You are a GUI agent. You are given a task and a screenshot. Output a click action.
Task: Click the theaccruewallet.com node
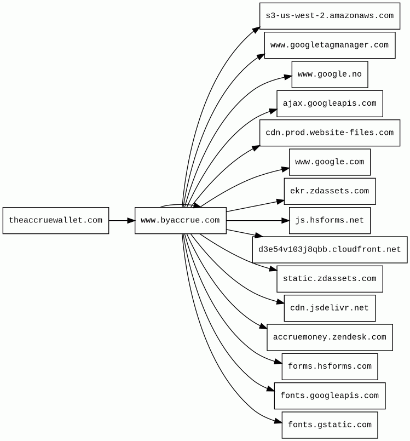[x=56, y=220]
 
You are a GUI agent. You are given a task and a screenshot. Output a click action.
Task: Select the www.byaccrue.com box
[x=181, y=220]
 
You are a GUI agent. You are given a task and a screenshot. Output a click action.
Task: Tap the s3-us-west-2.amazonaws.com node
[x=330, y=16]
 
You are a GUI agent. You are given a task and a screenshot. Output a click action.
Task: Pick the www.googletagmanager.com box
[x=330, y=45]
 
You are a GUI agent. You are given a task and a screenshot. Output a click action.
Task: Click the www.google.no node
[x=330, y=75]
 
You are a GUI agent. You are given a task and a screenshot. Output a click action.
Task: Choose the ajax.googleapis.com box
[x=330, y=104]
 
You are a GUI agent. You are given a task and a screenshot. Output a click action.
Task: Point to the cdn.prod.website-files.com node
[x=330, y=133]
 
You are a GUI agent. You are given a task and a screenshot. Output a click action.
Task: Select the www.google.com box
[x=330, y=162]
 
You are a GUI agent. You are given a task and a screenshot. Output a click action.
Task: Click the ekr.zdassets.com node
[x=330, y=191]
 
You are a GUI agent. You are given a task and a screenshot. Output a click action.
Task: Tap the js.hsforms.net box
[x=330, y=220]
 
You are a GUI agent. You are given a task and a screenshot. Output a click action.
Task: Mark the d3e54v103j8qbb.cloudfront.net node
[x=330, y=250]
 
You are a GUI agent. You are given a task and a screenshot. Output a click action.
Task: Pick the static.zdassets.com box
[x=330, y=279]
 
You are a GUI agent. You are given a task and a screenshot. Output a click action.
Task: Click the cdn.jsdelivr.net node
[x=330, y=308]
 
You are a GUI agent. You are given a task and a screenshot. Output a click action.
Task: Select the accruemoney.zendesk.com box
[x=330, y=337]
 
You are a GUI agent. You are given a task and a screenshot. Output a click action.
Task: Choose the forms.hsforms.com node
[x=330, y=366]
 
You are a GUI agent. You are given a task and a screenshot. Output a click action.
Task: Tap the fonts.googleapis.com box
[x=330, y=396]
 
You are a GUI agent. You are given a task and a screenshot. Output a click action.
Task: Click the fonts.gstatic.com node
[x=330, y=425]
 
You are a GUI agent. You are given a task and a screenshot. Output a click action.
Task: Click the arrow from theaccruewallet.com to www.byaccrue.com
[x=122, y=220]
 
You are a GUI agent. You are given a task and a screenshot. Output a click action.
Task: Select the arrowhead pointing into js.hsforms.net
[x=286, y=220]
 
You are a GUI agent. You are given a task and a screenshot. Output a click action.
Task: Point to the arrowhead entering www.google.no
[x=288, y=77]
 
